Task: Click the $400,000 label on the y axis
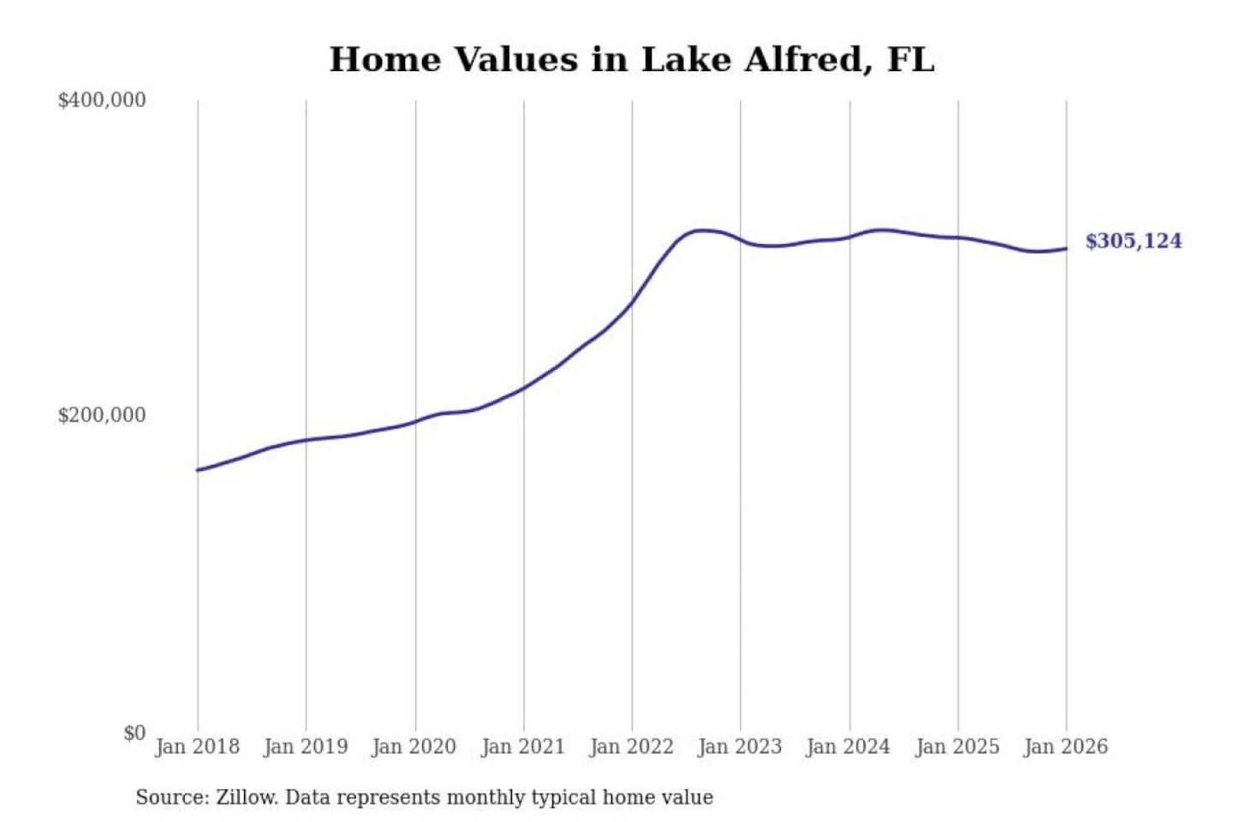tap(101, 100)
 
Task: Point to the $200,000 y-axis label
tap(101, 415)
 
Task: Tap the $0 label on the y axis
tap(134, 733)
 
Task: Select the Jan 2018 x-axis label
tap(197, 747)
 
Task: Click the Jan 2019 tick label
tap(306, 747)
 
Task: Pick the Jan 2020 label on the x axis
tap(414, 747)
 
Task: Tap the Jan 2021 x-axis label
tap(523, 747)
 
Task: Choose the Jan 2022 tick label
tap(632, 747)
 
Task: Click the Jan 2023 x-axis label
tap(740, 747)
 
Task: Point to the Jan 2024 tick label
tap(849, 747)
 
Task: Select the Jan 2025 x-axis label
tap(957, 747)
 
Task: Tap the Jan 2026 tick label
tap(1066, 747)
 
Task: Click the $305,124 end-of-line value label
tap(1134, 241)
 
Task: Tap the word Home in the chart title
tap(384, 60)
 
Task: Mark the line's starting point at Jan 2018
tap(198, 470)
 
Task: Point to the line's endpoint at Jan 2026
tap(1066, 249)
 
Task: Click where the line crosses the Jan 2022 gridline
tap(633, 301)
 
